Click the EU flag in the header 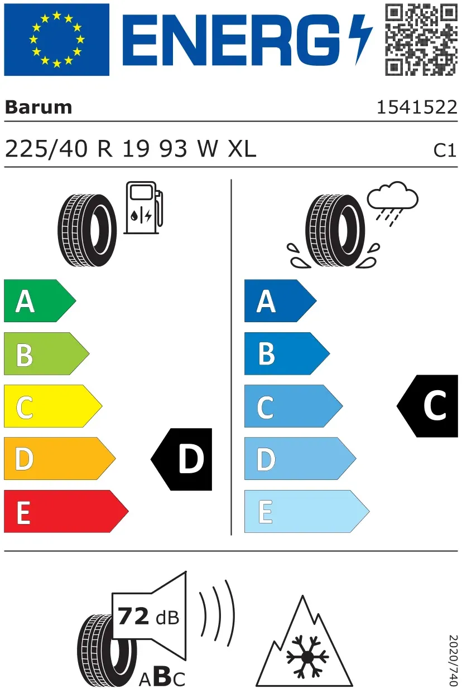pos(57,40)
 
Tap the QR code pos(421,40)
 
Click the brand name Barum pos(38,108)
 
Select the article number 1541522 pos(417,108)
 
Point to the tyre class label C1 pos(445,151)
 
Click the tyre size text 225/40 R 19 pos(78,149)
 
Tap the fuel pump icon pos(143,208)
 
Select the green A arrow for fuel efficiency pos(40,301)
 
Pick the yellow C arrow pos(53,406)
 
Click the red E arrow pos(66,511)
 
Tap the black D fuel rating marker pos(181,459)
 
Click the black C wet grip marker pos(427,406)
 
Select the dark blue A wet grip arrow pos(281,301)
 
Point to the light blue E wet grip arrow pos(307,511)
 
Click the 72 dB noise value pos(148,617)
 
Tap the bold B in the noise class pos(163,676)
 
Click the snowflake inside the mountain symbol pos(307,657)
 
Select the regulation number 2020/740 pos(453,660)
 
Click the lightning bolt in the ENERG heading pos(360,40)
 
